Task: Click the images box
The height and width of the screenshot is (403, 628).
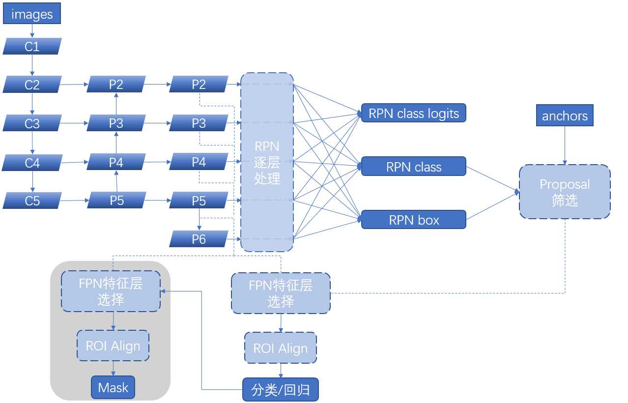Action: coord(32,14)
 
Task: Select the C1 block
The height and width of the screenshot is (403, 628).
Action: coord(32,46)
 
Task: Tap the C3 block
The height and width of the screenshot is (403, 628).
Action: coord(32,123)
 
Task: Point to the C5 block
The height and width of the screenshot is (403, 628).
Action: coord(32,201)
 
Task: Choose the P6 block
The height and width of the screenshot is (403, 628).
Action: coord(199,239)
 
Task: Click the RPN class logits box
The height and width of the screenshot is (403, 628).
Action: coord(413,113)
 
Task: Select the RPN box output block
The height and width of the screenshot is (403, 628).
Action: coord(413,220)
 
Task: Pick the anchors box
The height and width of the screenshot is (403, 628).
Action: coord(565,115)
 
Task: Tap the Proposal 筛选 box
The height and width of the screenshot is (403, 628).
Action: coord(565,192)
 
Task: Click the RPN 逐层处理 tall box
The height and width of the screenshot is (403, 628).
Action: coord(267,162)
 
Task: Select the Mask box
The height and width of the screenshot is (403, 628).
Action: coord(113,388)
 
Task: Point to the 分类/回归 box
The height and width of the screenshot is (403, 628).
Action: coord(281,390)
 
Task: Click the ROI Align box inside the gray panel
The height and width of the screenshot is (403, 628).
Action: coord(113,346)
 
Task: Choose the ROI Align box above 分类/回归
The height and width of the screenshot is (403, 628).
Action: coord(281,348)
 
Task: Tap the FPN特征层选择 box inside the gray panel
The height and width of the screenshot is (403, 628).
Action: coord(111,291)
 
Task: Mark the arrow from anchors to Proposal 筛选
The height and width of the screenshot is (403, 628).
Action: coord(565,145)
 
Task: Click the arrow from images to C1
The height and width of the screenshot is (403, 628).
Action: coord(32,31)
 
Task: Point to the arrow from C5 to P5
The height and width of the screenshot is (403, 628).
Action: coord(74,201)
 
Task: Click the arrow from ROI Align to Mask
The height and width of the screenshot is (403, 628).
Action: coord(113,369)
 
